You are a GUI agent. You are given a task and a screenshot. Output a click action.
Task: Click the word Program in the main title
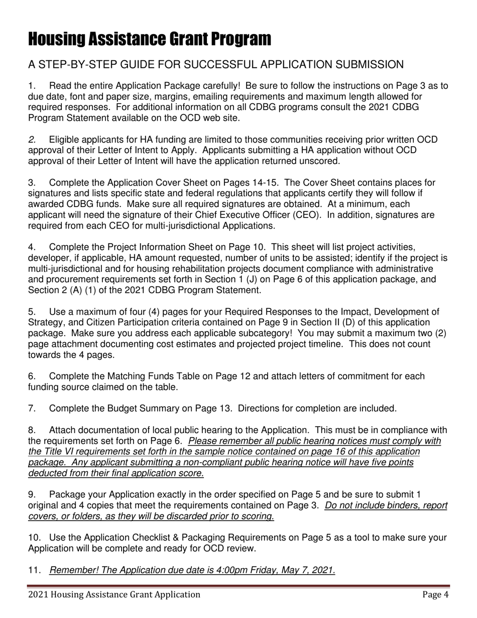(x=234, y=39)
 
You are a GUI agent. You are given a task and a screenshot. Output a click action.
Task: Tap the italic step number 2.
(x=32, y=140)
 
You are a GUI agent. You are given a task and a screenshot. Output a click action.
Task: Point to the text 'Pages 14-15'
(x=252, y=183)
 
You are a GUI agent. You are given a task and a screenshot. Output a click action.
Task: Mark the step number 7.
(x=32, y=408)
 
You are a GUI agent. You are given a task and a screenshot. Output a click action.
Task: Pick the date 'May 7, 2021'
(x=309, y=570)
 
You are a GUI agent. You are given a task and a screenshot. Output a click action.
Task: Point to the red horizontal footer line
(x=238, y=586)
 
